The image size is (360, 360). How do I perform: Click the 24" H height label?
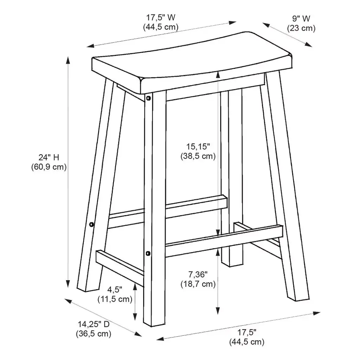[49, 157]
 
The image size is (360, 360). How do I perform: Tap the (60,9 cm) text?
[49, 167]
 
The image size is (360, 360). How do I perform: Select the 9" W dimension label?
[301, 18]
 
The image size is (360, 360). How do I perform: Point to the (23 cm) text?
[301, 28]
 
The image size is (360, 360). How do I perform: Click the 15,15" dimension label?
[198, 146]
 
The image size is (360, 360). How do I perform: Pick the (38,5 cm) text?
[198, 156]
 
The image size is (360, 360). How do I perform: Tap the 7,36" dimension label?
[198, 274]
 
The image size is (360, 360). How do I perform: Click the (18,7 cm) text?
[198, 284]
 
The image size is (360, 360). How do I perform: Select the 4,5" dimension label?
[115, 290]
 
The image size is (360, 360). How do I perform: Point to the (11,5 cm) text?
[115, 300]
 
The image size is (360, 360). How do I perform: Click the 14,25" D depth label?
[94, 324]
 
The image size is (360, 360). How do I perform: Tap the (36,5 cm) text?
[94, 334]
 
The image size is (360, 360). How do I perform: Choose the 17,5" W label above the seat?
[161, 18]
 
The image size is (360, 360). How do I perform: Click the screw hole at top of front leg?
[149, 98]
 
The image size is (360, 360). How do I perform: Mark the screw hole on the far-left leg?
[92, 224]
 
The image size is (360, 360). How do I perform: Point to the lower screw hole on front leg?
[148, 253]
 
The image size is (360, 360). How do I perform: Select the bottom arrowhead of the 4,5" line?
[135, 317]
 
